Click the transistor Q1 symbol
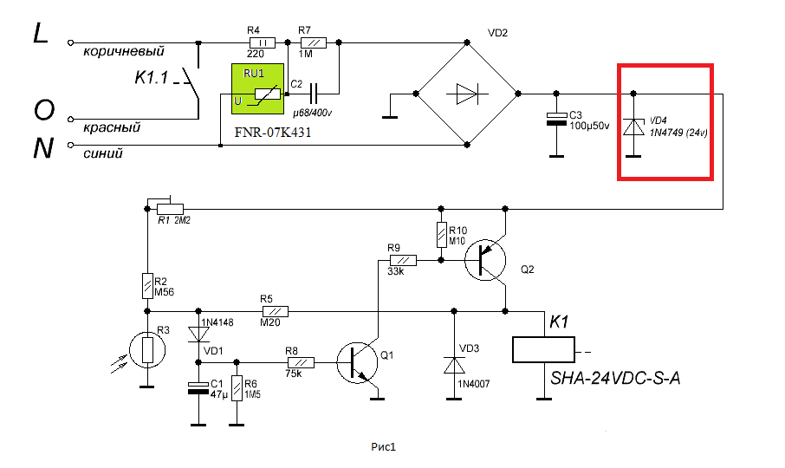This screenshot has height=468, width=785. pyautogui.click(x=358, y=361)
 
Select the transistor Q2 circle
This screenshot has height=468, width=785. pyautogui.click(x=486, y=258)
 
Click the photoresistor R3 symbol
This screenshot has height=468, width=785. pyautogui.click(x=147, y=350)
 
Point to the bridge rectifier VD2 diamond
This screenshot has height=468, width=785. pyautogui.click(x=468, y=92)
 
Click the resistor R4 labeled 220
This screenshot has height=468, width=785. pyautogui.click(x=262, y=42)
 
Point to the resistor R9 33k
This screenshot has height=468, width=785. pyautogui.click(x=402, y=259)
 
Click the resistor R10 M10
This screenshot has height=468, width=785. pyautogui.click(x=441, y=234)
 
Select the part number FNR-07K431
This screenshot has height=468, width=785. pyautogui.click(x=273, y=135)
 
